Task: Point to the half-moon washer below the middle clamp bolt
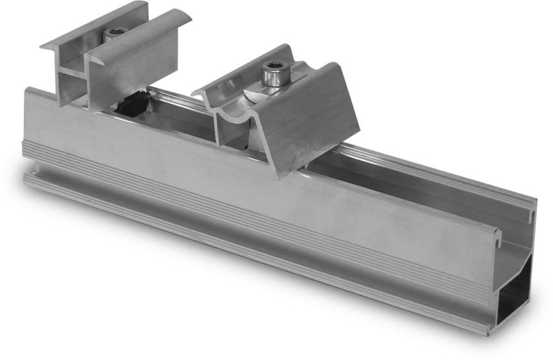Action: pyautogui.click(x=259, y=95)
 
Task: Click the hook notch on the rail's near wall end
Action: pyautogui.click(x=497, y=235)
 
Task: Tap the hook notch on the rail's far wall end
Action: pyautogui.click(x=533, y=207)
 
